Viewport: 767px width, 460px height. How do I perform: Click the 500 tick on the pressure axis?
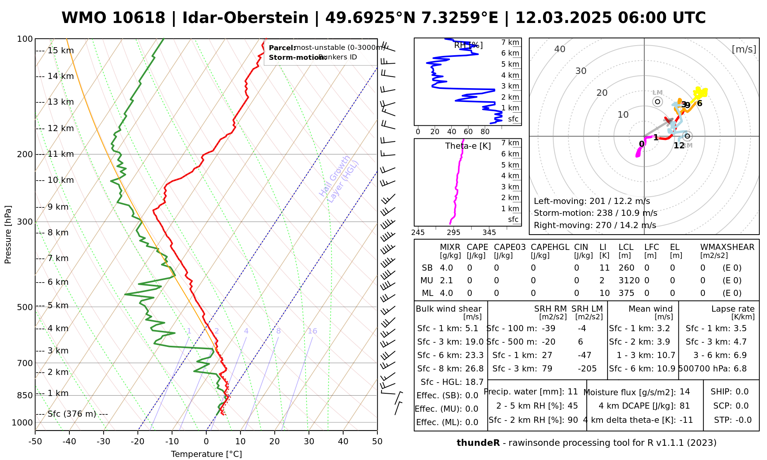click(x=25, y=307)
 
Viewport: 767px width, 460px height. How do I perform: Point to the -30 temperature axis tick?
click(x=104, y=442)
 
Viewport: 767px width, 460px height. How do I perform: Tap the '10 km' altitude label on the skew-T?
click(x=61, y=180)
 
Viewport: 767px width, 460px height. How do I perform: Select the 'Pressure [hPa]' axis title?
click(x=8, y=235)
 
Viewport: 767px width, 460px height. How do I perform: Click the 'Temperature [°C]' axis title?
click(x=206, y=454)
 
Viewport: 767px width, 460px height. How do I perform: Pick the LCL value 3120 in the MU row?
click(x=629, y=281)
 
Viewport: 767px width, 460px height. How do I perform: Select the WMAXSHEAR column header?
click(x=727, y=247)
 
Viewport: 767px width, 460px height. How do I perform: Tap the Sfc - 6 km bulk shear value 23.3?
click(x=474, y=355)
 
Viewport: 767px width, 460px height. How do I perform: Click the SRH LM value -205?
click(x=587, y=369)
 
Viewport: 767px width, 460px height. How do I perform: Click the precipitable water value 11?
click(x=573, y=392)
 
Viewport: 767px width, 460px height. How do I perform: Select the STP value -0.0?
click(x=743, y=420)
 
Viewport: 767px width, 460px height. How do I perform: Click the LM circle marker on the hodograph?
click(x=658, y=102)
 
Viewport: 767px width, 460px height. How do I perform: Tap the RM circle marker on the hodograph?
click(x=687, y=136)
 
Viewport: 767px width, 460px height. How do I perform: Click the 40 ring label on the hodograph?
click(x=560, y=49)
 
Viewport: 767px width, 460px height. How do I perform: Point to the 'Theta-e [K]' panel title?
click(x=468, y=146)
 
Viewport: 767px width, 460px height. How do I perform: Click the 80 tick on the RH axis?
click(x=485, y=132)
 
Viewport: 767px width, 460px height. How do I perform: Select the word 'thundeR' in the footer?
click(x=478, y=443)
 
